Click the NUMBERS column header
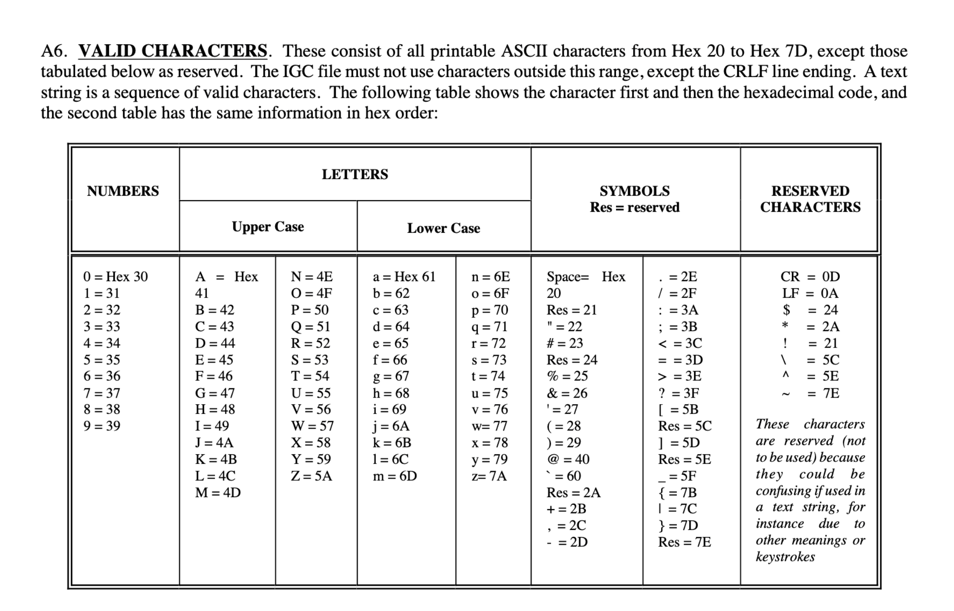point(123,191)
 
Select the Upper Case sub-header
point(268,227)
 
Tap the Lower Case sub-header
point(443,228)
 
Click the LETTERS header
point(355,174)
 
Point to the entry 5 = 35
point(102,360)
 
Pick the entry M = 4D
point(218,492)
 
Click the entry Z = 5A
point(311,476)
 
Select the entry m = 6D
point(395,476)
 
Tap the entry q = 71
point(489,327)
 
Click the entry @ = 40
point(568,459)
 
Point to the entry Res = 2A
point(574,492)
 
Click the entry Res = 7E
point(685,542)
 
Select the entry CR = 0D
point(810,277)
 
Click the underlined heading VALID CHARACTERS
point(173,51)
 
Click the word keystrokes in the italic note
point(785,557)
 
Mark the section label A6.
point(54,51)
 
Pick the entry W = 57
point(312,426)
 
